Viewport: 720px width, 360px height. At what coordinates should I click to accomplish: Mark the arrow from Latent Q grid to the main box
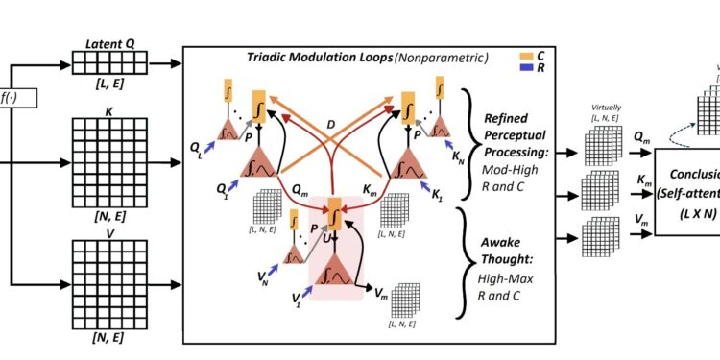click(x=159, y=63)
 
